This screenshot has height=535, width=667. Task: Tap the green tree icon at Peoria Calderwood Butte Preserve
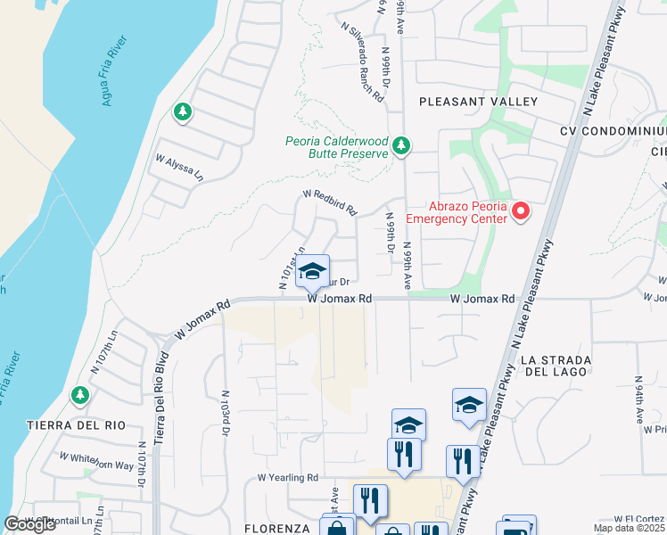401,144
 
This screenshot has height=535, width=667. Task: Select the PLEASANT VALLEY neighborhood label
478,102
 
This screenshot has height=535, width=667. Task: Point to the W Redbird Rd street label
330,202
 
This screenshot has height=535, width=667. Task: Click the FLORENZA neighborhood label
278,528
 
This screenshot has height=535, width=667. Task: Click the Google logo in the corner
29,524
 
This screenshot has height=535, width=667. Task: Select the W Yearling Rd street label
288,478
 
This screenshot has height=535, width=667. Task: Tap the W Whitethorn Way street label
96,461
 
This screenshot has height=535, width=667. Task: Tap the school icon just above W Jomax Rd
312,273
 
